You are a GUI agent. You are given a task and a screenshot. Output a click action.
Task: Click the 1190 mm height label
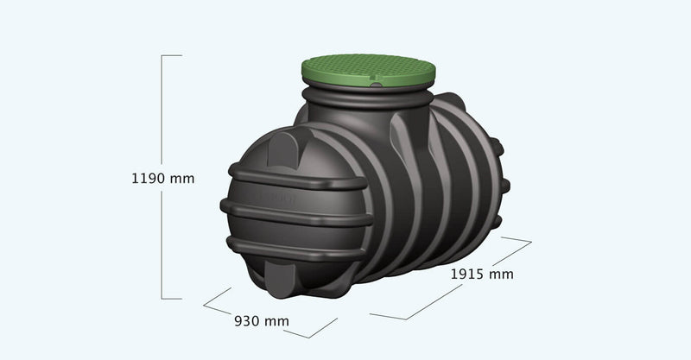163,179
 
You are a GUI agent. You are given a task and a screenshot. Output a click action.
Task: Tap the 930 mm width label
262,321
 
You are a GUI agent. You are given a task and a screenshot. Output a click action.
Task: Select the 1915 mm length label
482,274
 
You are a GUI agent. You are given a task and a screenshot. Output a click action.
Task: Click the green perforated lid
369,71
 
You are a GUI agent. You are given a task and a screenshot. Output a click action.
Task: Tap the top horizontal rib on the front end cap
298,177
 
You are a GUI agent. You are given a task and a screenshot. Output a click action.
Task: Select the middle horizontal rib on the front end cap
296,213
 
